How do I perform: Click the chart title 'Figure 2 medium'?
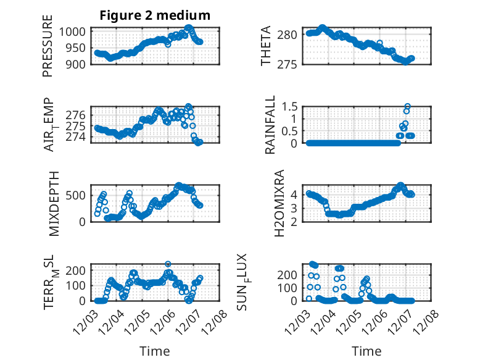click(x=155, y=15)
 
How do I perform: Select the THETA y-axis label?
click(x=266, y=47)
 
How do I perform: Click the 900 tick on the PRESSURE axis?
click(x=78, y=64)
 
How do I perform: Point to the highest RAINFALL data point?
click(x=407, y=106)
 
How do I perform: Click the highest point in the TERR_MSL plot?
click(x=168, y=264)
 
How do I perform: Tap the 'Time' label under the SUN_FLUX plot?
click(x=366, y=351)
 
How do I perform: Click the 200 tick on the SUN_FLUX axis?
click(x=291, y=274)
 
